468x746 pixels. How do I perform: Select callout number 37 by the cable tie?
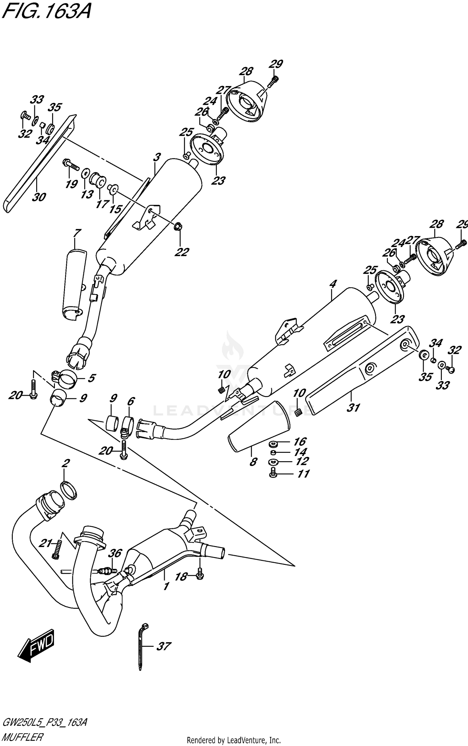163,646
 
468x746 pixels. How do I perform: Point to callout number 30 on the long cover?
39,197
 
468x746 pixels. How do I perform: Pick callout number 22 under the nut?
182,252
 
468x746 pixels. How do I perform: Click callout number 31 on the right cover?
353,407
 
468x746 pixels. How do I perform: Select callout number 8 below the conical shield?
253,462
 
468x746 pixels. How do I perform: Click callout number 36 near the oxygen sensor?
115,554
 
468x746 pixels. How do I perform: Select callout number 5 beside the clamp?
91,378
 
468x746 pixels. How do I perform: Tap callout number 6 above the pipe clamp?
130,401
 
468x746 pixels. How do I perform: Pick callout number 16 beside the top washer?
300,442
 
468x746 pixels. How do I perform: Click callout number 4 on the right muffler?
333,284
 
